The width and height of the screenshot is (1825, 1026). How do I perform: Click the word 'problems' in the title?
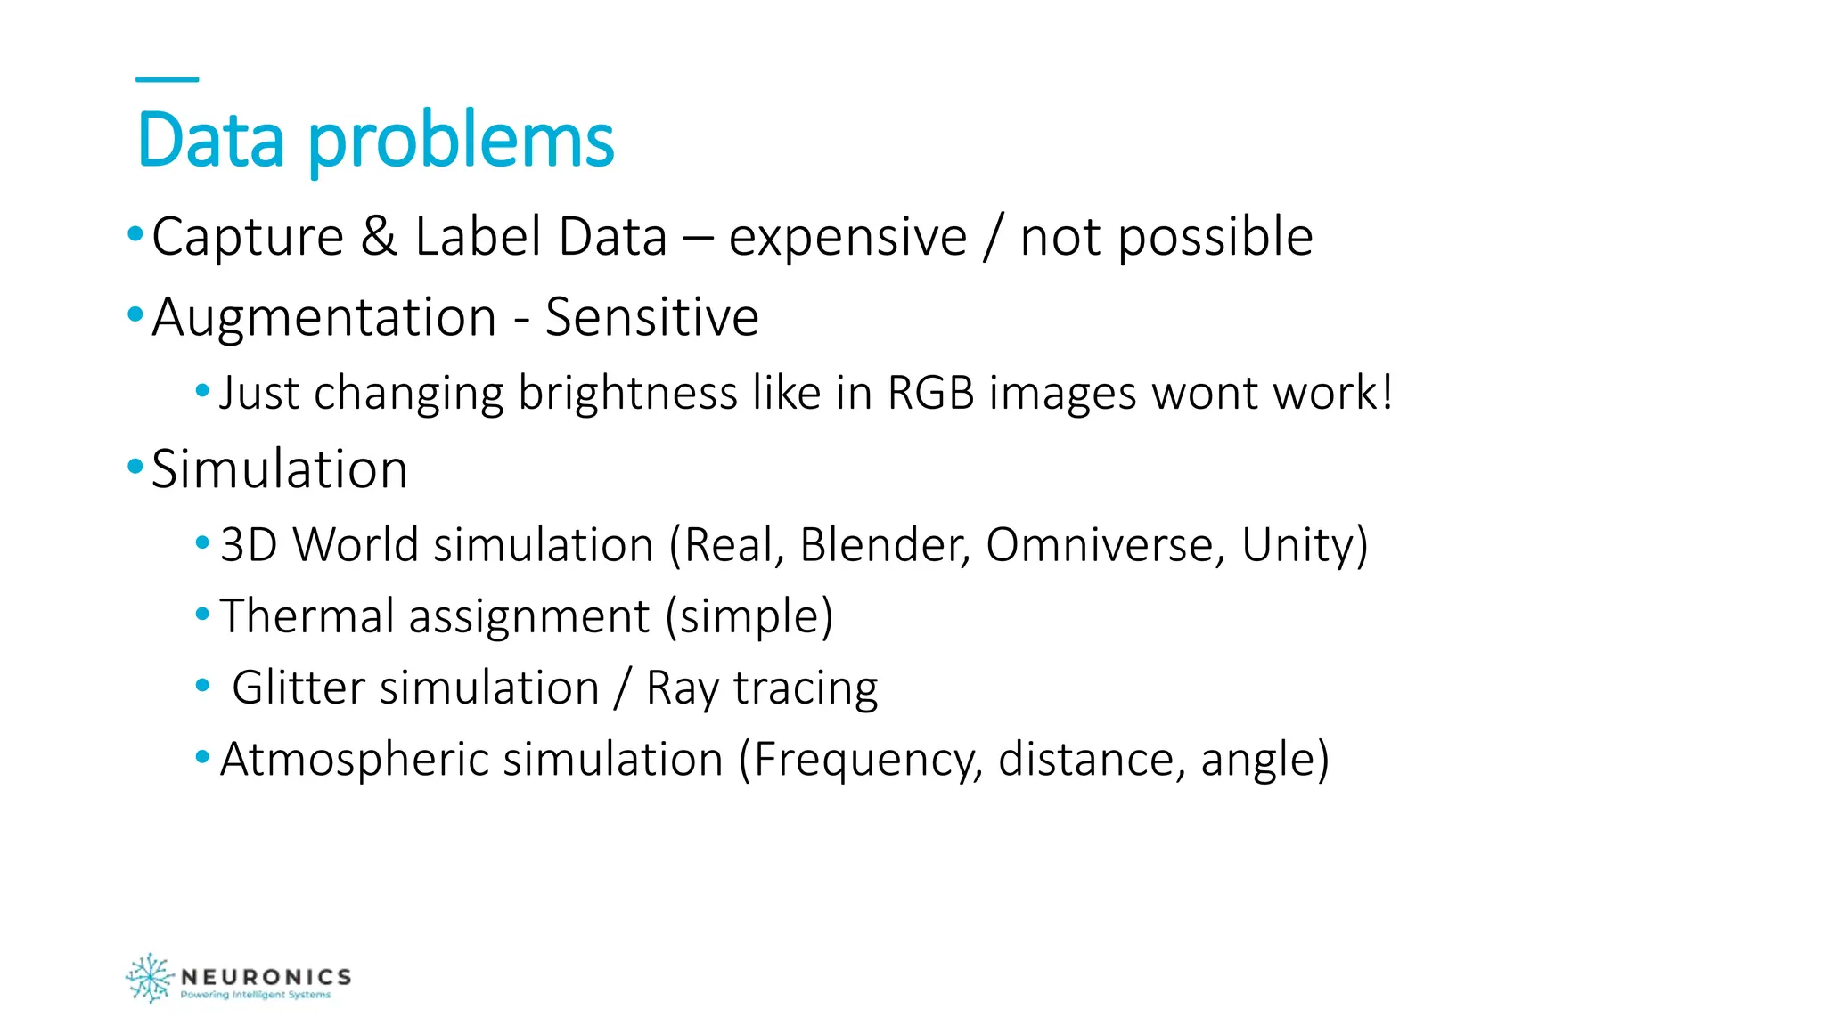click(461, 142)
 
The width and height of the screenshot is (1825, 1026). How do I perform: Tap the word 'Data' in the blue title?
click(211, 141)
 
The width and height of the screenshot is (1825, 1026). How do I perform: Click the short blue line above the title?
click(167, 79)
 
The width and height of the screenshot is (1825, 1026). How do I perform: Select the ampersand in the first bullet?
click(379, 237)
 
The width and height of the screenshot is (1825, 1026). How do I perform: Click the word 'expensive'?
click(847, 239)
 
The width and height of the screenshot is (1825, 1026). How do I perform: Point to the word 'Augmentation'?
click(323, 317)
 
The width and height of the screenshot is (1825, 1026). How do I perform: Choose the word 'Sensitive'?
click(651, 317)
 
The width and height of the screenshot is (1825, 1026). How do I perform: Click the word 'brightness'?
click(627, 394)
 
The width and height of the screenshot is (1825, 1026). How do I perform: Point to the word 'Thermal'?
click(307, 616)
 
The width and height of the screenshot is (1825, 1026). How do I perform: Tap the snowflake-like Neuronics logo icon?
click(149, 978)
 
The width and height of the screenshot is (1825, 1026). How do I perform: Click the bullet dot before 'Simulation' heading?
click(135, 466)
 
